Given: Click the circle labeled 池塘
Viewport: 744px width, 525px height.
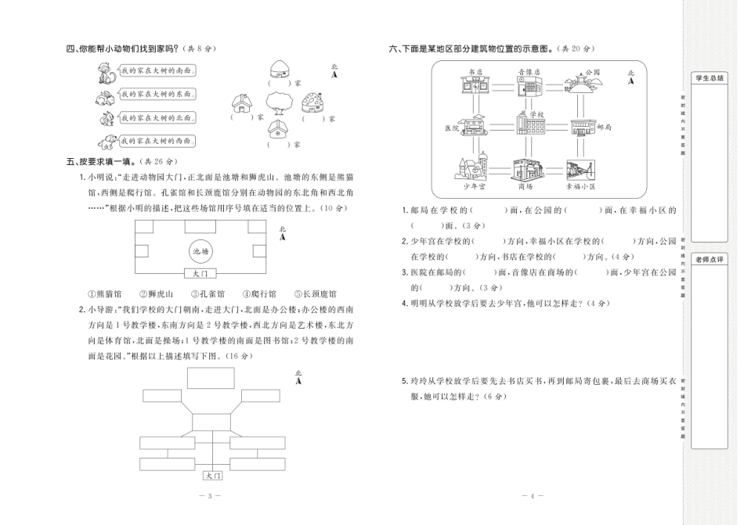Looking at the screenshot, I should coord(200,251).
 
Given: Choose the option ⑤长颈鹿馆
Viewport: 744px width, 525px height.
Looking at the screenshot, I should coord(315,294).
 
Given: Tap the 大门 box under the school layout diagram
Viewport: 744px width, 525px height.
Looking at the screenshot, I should coord(213,476).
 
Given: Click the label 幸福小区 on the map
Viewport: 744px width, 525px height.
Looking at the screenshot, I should coord(580,187).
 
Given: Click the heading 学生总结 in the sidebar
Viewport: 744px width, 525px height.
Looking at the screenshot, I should coord(710,78).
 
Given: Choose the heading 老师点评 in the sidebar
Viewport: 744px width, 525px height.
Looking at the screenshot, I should coord(710,259).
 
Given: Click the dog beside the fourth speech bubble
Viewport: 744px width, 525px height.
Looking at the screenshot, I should coord(105,141).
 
